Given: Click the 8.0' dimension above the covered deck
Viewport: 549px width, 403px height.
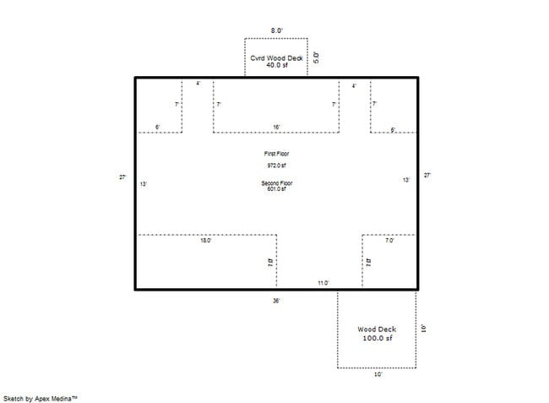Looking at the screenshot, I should [276, 30].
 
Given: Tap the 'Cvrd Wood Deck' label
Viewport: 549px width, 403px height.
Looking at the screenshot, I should [276, 57].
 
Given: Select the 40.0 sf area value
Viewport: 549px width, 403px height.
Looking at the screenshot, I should [276, 65].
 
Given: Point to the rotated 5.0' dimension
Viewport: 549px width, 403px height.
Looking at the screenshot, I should [317, 57].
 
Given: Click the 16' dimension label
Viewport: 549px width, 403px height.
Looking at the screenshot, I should [276, 128].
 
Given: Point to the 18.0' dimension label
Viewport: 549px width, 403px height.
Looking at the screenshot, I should [205, 241].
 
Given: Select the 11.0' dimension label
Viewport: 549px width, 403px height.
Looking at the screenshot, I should [323, 283].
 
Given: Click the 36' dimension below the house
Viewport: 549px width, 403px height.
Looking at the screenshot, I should [276, 300].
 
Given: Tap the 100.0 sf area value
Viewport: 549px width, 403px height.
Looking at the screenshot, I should [376, 338].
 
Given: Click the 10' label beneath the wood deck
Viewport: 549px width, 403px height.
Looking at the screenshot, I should [378, 374].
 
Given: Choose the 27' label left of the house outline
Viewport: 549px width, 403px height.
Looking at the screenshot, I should [122, 177].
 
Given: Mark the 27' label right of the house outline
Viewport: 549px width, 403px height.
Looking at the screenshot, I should [427, 175].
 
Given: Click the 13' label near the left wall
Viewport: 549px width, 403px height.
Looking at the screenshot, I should [144, 183].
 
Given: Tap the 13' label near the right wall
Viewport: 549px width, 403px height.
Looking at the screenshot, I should [406, 180].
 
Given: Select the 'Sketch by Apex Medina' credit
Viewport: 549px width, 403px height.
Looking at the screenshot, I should [41, 396].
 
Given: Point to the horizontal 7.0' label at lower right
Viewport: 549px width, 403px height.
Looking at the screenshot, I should [389, 241].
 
